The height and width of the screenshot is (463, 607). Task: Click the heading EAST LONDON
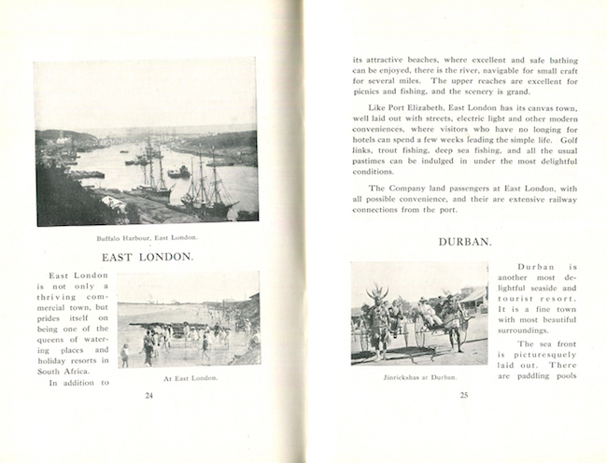point(147,256)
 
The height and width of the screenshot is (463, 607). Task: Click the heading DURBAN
point(464,243)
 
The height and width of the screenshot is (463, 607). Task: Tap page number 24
point(148,395)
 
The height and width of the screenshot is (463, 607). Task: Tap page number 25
point(464,395)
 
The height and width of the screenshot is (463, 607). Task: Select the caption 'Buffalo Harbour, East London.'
point(147,237)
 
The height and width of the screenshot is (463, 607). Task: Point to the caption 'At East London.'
point(190,378)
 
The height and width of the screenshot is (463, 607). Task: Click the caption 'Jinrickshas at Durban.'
point(419,377)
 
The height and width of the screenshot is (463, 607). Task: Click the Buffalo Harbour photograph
point(147,142)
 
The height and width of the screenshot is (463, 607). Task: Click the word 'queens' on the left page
point(57,330)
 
